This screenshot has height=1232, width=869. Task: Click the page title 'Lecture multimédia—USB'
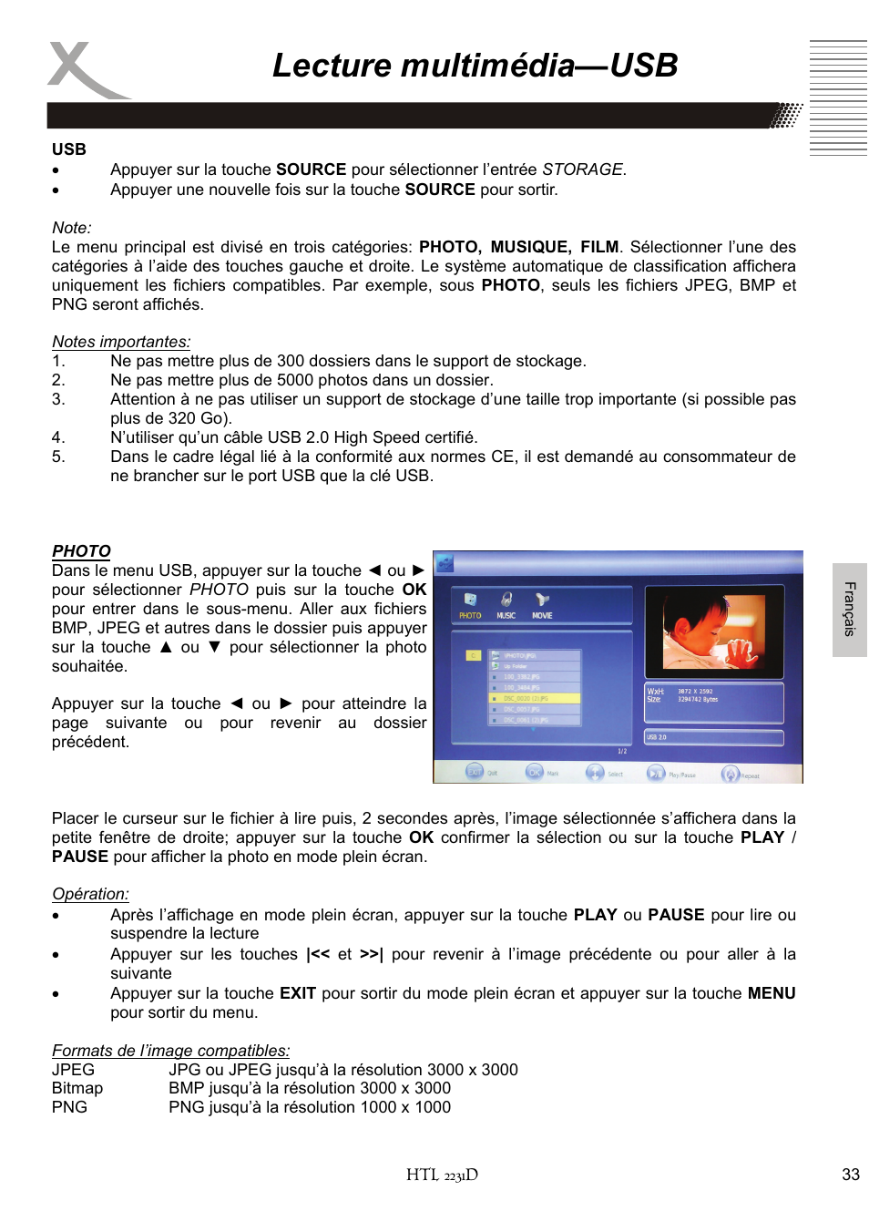[475, 66]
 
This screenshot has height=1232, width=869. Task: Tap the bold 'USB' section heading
[69, 149]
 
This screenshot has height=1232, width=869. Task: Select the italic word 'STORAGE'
[582, 169]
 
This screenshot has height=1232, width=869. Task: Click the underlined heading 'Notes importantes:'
[121, 342]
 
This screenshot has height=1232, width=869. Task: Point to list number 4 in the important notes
[58, 437]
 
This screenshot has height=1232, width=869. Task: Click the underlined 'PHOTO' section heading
[81, 550]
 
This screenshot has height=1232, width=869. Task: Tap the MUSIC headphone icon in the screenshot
[506, 600]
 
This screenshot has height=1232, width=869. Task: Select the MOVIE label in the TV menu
[542, 616]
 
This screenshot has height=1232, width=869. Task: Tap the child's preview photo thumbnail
[714, 631]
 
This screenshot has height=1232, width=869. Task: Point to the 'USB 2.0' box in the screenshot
[714, 737]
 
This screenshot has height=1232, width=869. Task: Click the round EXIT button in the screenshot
[475, 772]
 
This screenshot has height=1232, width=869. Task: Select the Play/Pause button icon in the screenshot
[655, 774]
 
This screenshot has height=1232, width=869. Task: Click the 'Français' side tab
[849, 609]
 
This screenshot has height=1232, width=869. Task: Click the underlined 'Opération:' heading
[90, 894]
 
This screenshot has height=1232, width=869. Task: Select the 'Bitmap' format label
[77, 1088]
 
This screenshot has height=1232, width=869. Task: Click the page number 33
[850, 1175]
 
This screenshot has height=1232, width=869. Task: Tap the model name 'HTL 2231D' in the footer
[442, 1175]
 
